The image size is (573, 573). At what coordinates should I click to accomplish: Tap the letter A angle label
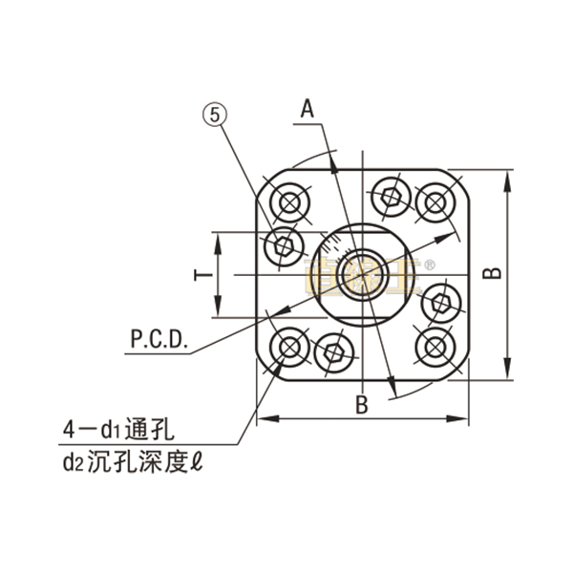coord(308,109)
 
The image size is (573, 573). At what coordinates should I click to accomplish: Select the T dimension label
coord(202,275)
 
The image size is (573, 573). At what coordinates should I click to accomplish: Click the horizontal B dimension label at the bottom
coord(361,403)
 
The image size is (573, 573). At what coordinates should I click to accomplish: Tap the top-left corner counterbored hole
coord(288,202)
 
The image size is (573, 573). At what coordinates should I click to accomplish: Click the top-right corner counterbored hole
coord(435,202)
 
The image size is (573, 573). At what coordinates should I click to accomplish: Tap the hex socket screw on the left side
coord(284,246)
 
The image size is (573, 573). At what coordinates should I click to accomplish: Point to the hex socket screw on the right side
coord(440,305)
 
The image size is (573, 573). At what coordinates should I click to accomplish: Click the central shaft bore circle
coord(362,275)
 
